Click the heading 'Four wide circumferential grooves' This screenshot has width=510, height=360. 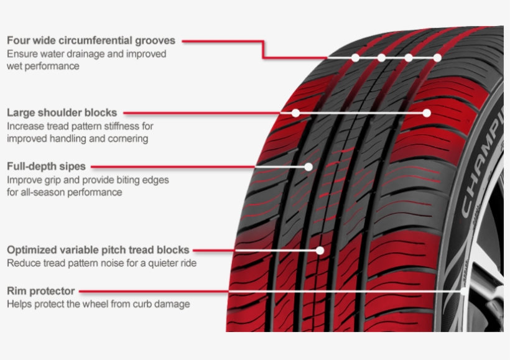click(x=91, y=40)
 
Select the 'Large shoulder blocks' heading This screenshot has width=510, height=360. click(x=62, y=113)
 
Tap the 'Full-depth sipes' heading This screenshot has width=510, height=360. click(x=46, y=167)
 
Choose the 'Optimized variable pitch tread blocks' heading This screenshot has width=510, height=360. click(x=98, y=250)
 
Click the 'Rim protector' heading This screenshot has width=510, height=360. click(x=40, y=291)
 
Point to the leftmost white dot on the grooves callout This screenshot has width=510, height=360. click(x=355, y=58)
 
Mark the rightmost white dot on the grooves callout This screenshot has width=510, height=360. click(x=437, y=58)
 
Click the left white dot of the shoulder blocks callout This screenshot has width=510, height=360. click(x=295, y=113)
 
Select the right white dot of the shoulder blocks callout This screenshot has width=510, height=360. click(x=427, y=113)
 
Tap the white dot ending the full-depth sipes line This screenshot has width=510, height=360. click(x=308, y=167)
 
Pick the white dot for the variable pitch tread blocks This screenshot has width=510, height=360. click(x=320, y=251)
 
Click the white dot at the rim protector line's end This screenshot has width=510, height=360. click(x=464, y=292)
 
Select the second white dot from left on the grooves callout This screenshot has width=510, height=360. click(x=381, y=58)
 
